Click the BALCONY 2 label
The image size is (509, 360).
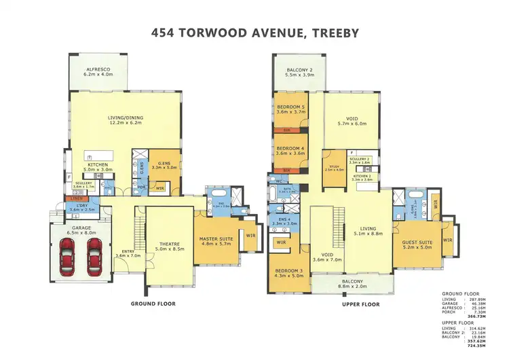click(x=298, y=69)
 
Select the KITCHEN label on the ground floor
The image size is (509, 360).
click(x=96, y=164)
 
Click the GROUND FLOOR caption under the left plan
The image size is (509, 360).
click(x=149, y=304)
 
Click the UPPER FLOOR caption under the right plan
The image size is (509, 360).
click(x=360, y=304)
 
